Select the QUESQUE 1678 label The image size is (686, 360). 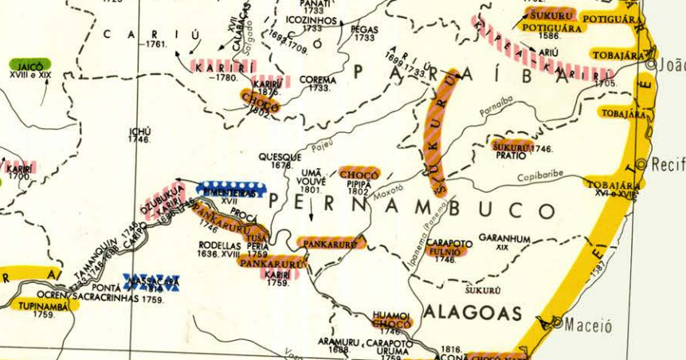click(280, 161)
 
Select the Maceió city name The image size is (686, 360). click(589, 326)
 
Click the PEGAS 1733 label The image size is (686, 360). click(364, 33)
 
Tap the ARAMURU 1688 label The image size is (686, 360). click(334, 345)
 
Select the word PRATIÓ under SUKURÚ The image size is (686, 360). click(508, 156)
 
